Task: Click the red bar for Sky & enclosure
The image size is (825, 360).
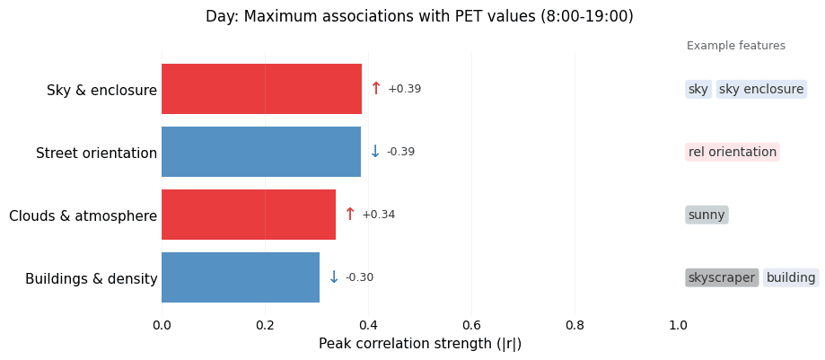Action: (261, 89)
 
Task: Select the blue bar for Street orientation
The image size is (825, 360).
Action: (260, 152)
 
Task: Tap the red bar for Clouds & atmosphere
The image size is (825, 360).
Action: (249, 215)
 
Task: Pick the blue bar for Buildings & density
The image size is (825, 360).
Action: (241, 277)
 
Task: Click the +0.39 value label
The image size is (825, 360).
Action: (404, 89)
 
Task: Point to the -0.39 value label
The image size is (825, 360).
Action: (400, 152)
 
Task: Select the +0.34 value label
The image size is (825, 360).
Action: (378, 215)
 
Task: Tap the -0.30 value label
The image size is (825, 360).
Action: (359, 277)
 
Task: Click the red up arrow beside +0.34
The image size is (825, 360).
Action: (350, 215)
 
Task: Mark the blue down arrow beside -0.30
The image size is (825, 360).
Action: (334, 277)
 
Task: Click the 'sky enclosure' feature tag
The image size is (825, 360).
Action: (761, 89)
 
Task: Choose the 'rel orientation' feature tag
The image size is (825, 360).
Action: (733, 152)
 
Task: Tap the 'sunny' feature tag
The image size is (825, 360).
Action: (707, 215)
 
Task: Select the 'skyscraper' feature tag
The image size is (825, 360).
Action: (722, 277)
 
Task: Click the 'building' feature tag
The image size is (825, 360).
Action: (791, 277)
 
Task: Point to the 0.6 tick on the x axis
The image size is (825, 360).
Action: (471, 324)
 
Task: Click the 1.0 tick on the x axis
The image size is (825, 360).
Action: (678, 324)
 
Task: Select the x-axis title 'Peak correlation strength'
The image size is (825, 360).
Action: (420, 344)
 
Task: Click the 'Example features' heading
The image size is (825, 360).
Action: (736, 46)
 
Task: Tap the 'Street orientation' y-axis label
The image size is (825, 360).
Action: (96, 154)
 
